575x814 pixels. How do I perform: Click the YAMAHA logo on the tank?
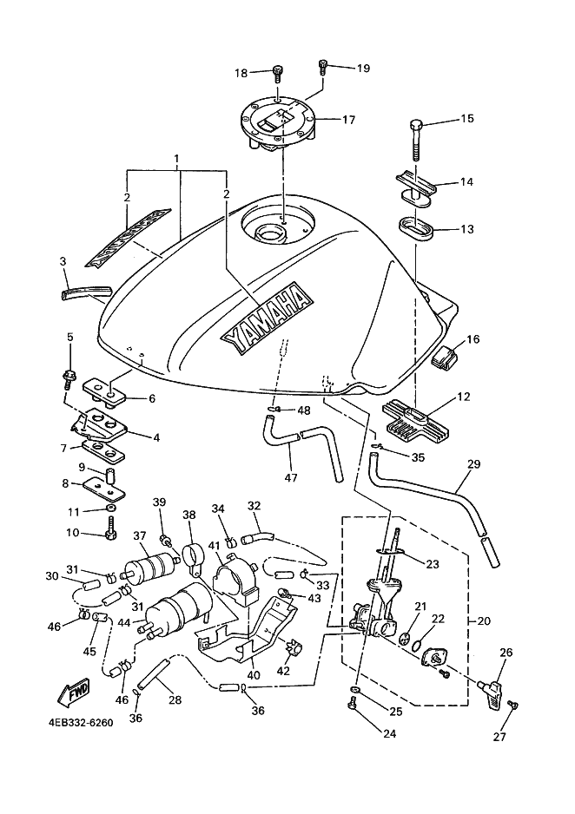coord(267,318)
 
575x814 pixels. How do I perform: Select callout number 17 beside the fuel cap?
coord(348,120)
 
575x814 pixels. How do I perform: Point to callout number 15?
coord(467,118)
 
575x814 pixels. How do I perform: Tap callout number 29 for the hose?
coord(473,465)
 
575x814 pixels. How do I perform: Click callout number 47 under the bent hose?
coord(292,476)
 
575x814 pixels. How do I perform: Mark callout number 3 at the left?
coord(63,260)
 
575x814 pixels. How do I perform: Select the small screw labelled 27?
coord(512,706)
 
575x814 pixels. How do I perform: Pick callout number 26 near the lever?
coord(506,652)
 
